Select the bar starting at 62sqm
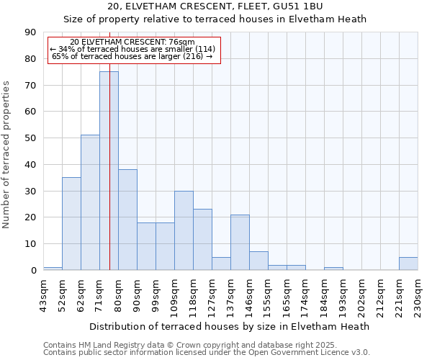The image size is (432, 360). pyautogui.click(x=90, y=202)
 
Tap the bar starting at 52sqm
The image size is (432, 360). pyautogui.click(x=71, y=223)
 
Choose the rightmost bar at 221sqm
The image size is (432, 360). pyautogui.click(x=408, y=264)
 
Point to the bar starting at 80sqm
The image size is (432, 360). pyautogui.click(x=127, y=220)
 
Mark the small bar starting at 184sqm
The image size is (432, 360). pyautogui.click(x=333, y=269)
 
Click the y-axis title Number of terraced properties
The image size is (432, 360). pyautogui.click(x=7, y=155)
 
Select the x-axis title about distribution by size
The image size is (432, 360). pyautogui.click(x=230, y=326)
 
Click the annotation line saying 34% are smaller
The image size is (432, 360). pyautogui.click(x=132, y=49)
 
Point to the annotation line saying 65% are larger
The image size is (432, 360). pyautogui.click(x=132, y=56)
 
